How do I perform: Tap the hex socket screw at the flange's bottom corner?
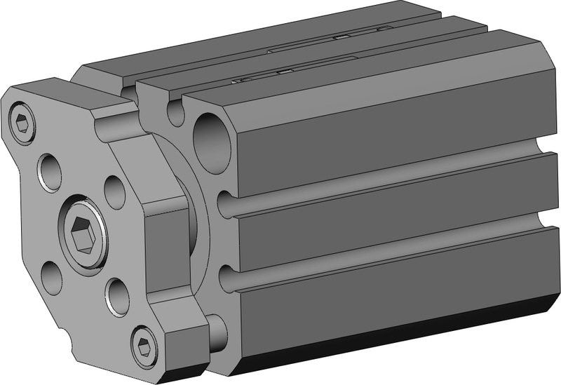pos(145,345)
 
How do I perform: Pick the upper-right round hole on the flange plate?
pos(114,190)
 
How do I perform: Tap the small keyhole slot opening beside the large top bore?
pos(176,112)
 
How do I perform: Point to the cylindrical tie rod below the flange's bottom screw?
pos(216,332)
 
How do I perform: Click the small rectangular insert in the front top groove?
pos(285,72)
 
